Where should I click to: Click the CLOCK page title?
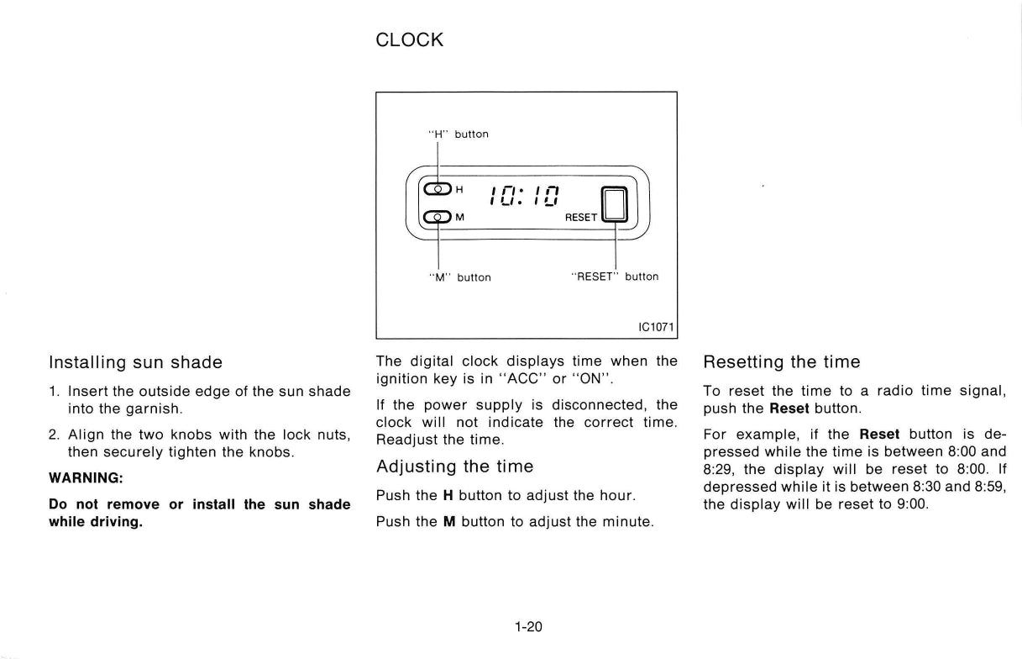409,40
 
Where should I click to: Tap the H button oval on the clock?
438,189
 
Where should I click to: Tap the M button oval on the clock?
438,217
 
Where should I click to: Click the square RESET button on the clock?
615,204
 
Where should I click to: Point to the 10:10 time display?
524,197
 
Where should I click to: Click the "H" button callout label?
459,134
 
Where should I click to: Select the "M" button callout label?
460,277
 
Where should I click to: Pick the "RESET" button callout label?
615,277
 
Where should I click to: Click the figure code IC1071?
656,327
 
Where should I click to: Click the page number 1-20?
528,626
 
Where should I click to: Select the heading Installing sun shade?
135,362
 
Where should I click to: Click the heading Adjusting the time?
454,467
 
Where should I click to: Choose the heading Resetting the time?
782,361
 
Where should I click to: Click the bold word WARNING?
86,478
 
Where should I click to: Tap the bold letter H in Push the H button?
448,495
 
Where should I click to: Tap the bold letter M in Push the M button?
449,521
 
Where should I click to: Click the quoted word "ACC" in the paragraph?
523,378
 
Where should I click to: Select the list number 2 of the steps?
54,435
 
